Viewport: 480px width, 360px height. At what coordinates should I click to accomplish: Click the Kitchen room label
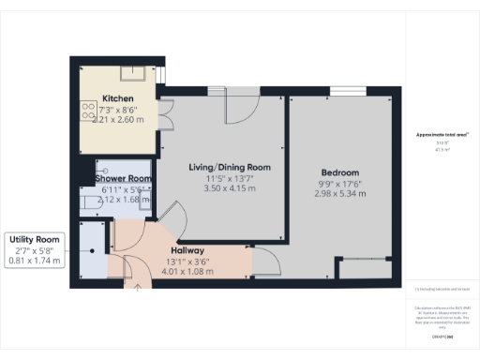(x=118, y=98)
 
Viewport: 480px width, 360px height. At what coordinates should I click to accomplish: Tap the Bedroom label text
(x=339, y=172)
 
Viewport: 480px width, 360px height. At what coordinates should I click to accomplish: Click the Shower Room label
(x=126, y=179)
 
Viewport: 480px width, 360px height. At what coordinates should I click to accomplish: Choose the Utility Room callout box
(x=36, y=249)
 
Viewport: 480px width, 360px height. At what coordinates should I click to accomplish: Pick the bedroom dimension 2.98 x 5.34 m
(x=339, y=194)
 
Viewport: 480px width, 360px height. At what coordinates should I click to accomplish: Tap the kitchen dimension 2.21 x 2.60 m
(x=118, y=120)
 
